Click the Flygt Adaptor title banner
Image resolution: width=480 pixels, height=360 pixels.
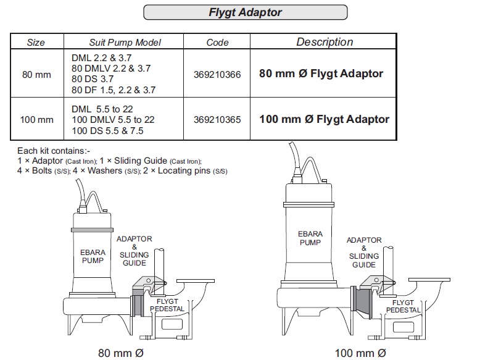click(x=245, y=12)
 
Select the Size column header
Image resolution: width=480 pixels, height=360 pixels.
click(x=36, y=43)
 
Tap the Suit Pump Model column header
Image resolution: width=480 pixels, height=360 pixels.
click(x=125, y=43)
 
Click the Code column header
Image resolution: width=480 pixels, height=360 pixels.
click(x=217, y=43)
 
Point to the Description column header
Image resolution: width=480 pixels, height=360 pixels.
click(x=325, y=42)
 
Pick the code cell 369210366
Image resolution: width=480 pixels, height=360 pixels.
click(x=217, y=73)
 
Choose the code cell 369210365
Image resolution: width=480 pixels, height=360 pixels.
click(x=217, y=119)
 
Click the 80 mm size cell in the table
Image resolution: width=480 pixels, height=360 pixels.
click(x=36, y=74)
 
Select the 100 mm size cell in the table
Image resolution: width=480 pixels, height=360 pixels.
click(x=36, y=119)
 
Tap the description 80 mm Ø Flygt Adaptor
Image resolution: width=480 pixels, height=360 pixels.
click(x=321, y=73)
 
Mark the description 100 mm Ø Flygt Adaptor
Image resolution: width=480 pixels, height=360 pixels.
click(x=324, y=119)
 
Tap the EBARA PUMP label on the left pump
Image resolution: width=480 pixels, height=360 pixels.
click(x=93, y=256)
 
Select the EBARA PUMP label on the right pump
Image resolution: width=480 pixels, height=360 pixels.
click(x=310, y=238)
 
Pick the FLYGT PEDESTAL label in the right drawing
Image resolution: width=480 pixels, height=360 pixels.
click(x=403, y=306)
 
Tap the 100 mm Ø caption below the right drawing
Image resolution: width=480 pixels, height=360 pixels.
click(x=360, y=353)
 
